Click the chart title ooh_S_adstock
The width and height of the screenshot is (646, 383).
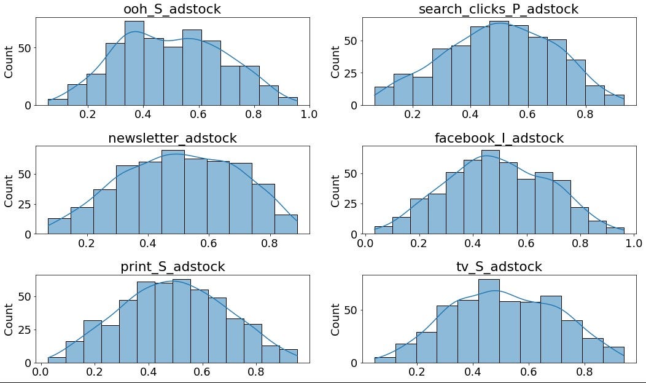(172, 9)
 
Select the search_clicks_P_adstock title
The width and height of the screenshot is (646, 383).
(498, 9)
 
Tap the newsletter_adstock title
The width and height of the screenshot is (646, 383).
(172, 138)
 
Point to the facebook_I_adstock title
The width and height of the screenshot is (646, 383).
(499, 138)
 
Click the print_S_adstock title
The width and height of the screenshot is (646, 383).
(172, 267)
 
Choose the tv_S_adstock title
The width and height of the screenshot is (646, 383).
(498, 267)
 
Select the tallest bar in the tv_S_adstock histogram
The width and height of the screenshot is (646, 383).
(489, 321)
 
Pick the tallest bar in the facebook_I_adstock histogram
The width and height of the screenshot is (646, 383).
(491, 192)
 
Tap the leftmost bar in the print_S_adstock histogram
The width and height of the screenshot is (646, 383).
(56, 360)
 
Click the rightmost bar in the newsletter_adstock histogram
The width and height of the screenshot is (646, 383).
(286, 224)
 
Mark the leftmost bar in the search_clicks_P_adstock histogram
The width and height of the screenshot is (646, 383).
(384, 96)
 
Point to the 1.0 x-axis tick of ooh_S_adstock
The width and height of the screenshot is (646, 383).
(309, 114)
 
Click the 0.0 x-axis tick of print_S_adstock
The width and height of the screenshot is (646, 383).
(41, 372)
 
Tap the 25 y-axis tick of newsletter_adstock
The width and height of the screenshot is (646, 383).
(23, 204)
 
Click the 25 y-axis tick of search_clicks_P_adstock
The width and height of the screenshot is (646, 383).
(349, 73)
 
